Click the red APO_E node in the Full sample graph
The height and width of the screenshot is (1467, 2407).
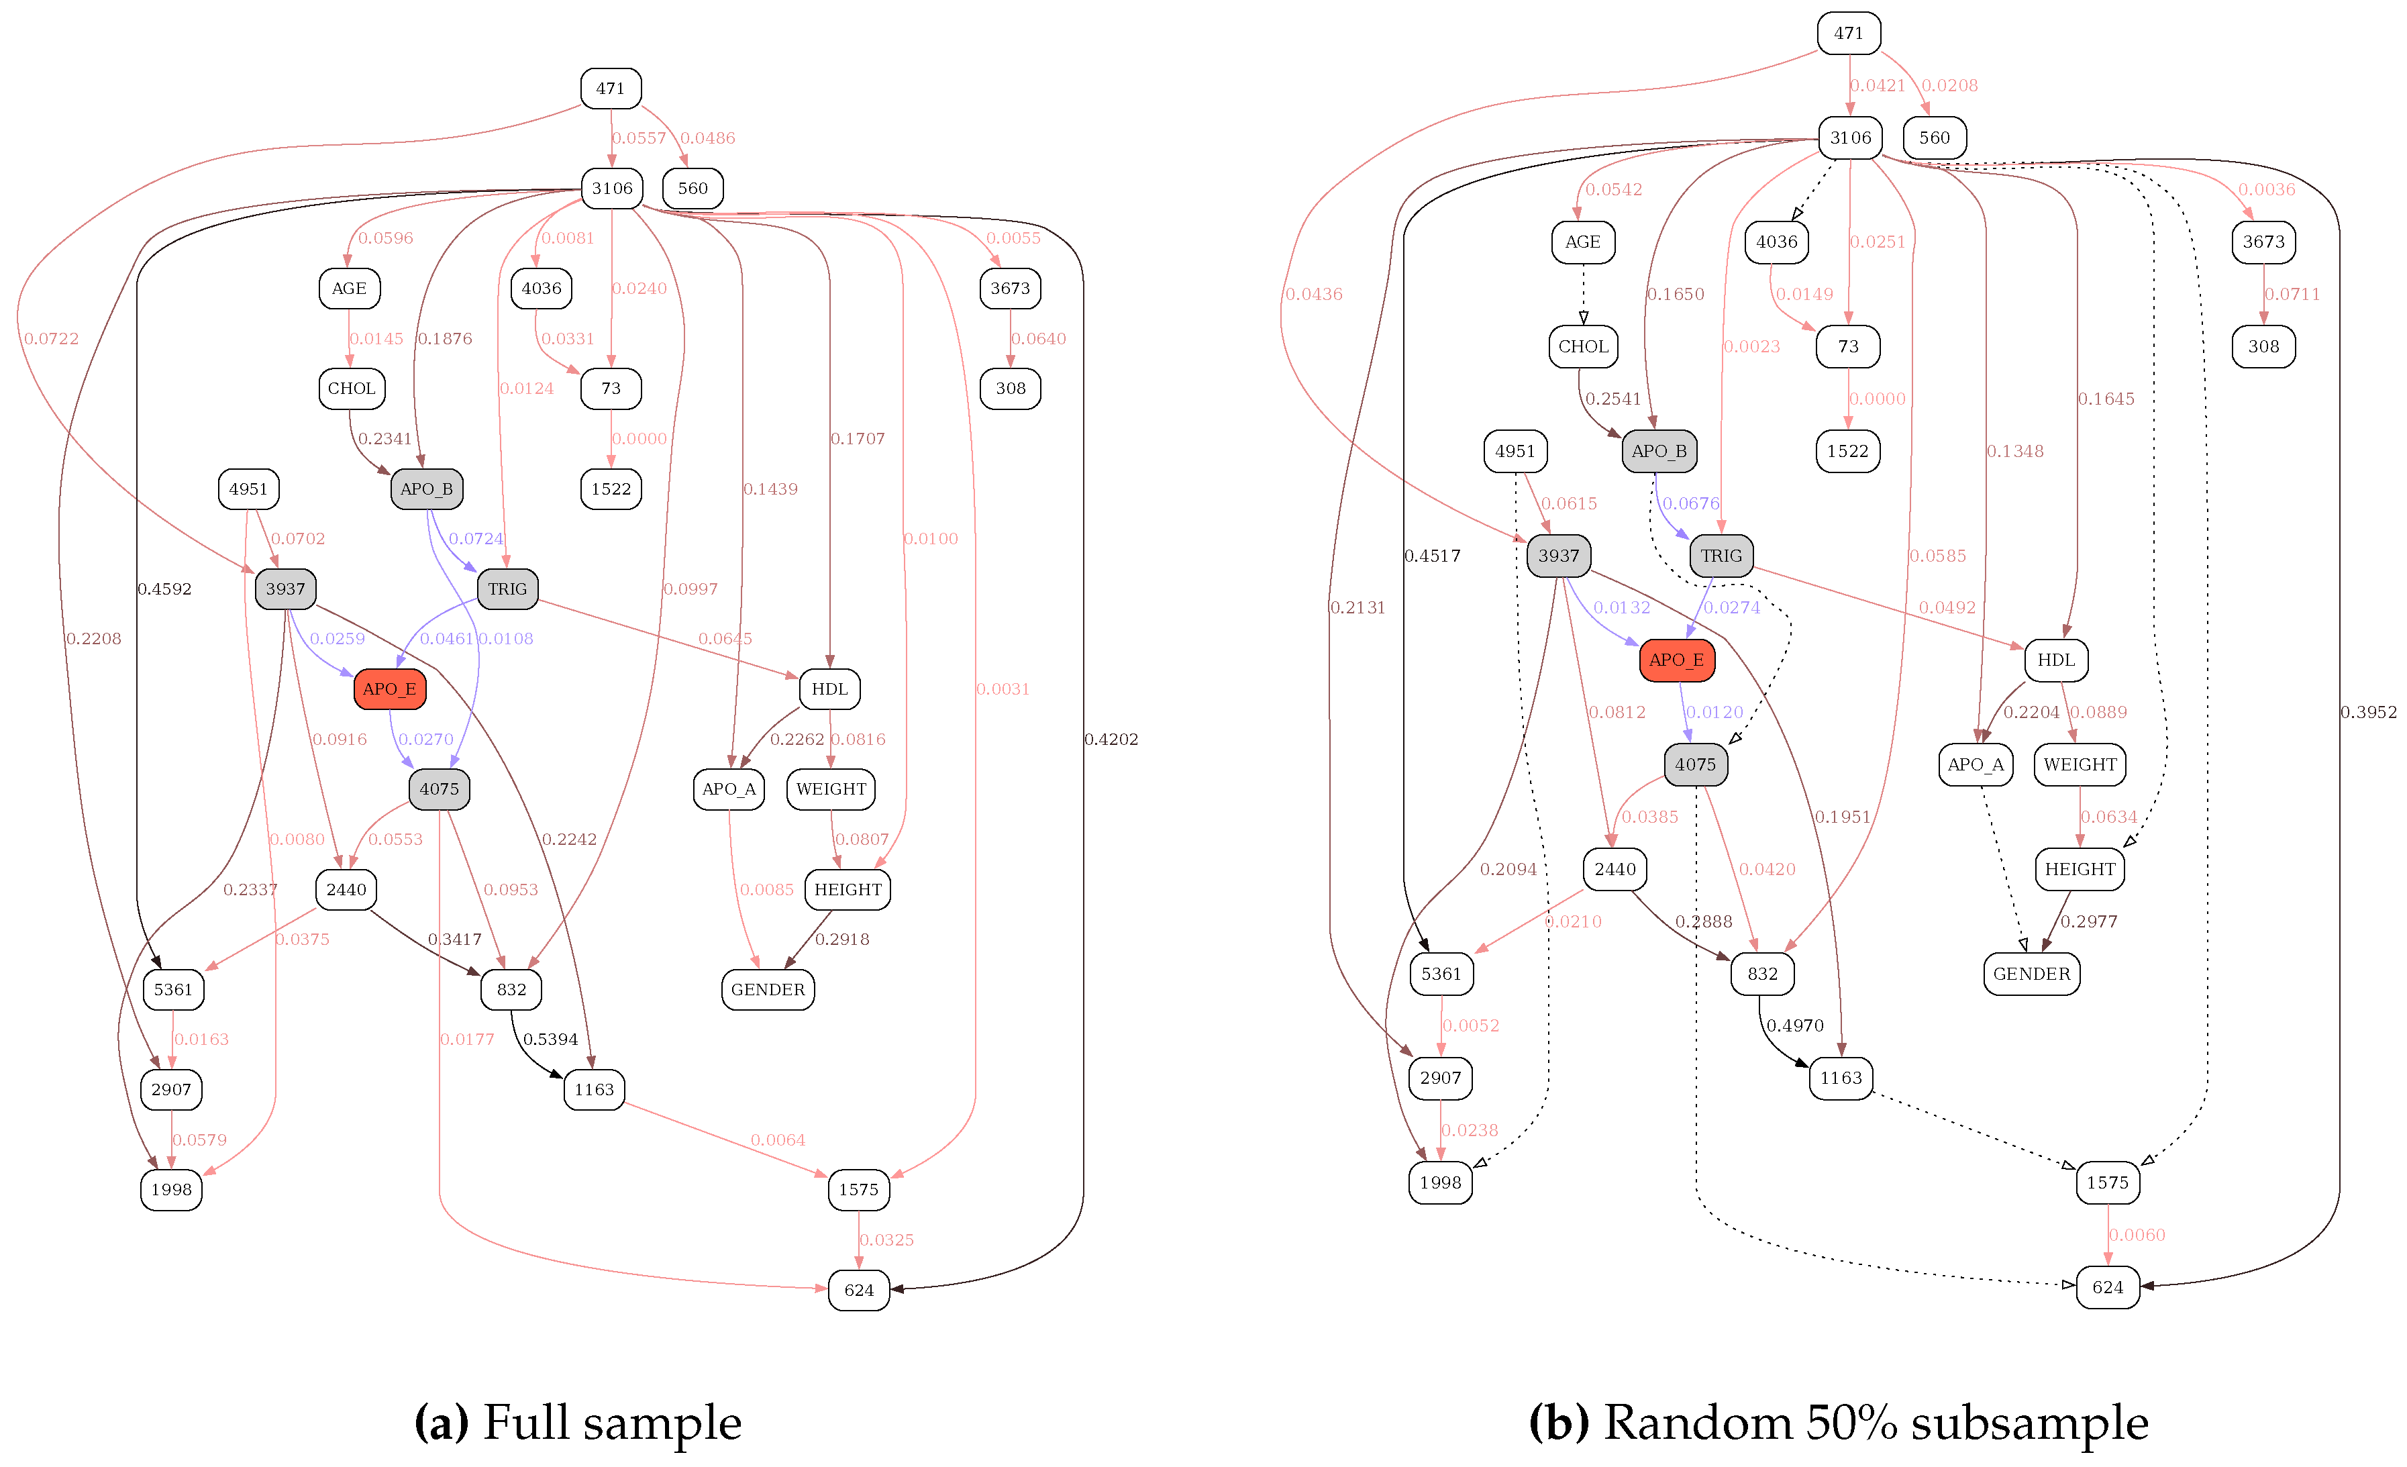coord(390,690)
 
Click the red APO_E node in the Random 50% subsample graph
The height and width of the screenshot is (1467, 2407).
coord(1676,660)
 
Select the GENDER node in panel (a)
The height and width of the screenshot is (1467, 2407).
coord(768,989)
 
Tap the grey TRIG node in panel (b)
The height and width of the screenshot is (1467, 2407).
coord(1721,556)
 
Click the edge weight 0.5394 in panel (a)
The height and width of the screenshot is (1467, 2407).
coord(550,1040)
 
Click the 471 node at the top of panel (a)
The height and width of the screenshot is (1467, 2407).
coord(611,88)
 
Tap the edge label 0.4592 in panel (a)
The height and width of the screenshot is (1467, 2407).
coord(164,589)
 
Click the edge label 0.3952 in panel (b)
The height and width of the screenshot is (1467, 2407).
coord(2368,712)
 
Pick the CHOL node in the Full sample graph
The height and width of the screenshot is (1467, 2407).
coord(352,389)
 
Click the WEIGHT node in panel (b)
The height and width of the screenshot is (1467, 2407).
coord(2080,765)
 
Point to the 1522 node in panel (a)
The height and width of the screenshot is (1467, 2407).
coord(611,489)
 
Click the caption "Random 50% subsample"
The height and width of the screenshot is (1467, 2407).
coord(1875,1422)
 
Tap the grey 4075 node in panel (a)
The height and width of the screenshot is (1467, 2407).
coord(440,789)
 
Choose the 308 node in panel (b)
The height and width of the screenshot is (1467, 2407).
coord(2263,347)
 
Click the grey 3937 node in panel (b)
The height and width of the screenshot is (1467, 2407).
coord(1558,556)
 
